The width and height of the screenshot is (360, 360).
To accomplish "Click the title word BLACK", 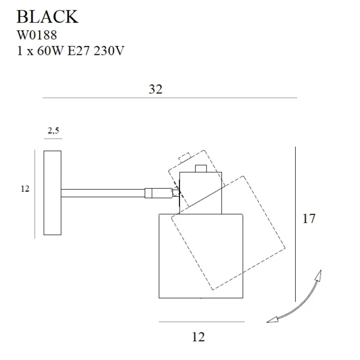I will (x=47, y=16).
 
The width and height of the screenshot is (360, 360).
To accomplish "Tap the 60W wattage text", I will (x=52, y=51).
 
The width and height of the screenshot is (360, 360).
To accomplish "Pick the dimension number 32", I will (x=155, y=89).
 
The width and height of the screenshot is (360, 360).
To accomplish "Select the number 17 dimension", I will (x=309, y=219).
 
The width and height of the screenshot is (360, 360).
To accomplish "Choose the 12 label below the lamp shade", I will (x=198, y=336).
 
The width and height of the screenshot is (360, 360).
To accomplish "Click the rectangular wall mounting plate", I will (x=52, y=193).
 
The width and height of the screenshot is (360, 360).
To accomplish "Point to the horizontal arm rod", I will (x=103, y=193).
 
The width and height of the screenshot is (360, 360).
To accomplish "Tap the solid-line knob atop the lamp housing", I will (x=201, y=169).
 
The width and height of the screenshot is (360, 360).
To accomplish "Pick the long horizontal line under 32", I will (x=170, y=98).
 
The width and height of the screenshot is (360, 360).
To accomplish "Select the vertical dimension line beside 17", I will (x=295, y=224).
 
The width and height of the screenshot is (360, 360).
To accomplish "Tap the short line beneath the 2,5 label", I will (x=53, y=139).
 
